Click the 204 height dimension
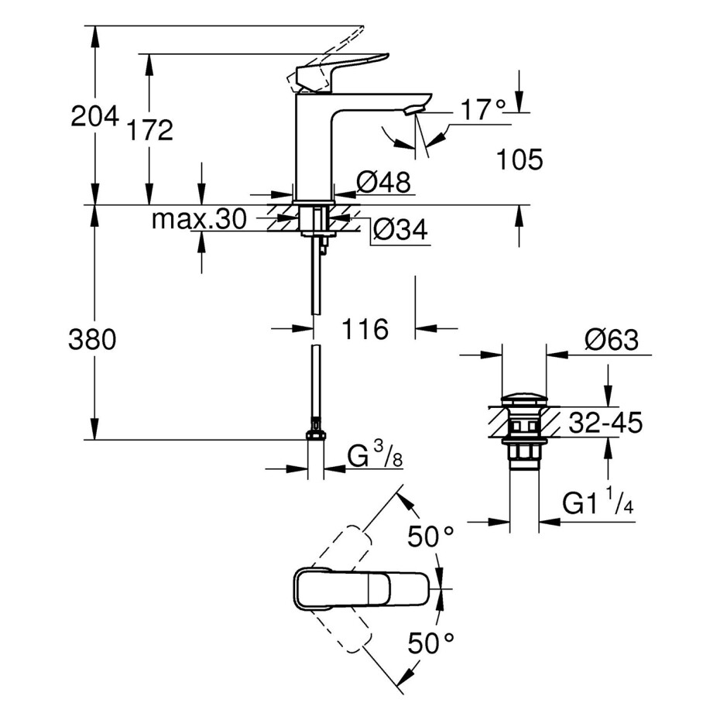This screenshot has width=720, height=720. (94, 117)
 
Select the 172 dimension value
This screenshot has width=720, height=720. (150, 130)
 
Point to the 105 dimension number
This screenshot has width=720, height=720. (519, 160)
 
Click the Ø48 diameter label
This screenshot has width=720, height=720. (382, 183)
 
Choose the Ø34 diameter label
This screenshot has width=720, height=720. (400, 231)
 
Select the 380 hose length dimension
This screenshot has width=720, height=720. (92, 339)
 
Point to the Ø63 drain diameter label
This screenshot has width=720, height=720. (612, 340)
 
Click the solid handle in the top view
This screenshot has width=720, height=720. (362, 589)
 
